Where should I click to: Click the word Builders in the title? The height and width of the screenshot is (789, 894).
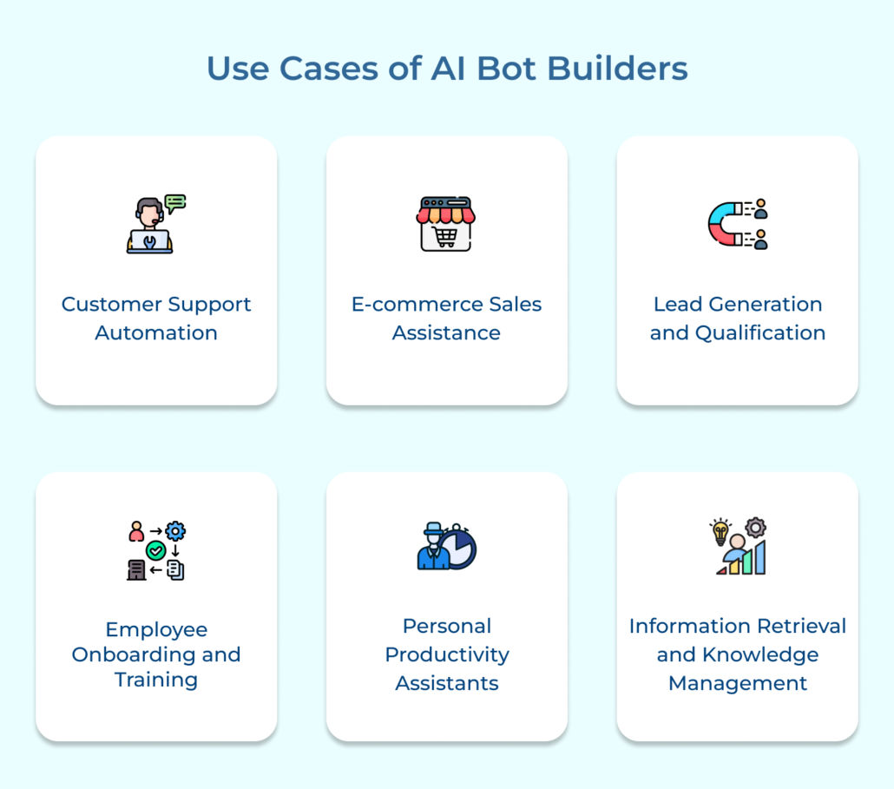[x=617, y=69]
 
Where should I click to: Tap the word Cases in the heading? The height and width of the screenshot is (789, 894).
[x=329, y=69]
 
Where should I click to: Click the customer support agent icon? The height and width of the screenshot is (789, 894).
[x=155, y=223]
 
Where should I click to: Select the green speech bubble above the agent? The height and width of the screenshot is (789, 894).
[x=175, y=203]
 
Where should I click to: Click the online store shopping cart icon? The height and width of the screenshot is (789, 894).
[x=446, y=224]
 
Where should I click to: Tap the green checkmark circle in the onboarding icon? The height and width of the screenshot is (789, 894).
[x=155, y=550]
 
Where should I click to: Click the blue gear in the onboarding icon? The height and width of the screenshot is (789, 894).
[x=175, y=530]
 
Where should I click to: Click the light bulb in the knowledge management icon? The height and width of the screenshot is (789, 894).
[x=720, y=532]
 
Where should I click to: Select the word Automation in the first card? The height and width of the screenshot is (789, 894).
[x=156, y=332]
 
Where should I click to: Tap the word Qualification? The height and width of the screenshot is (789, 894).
[x=760, y=333]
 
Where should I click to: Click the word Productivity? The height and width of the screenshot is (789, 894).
[x=447, y=654]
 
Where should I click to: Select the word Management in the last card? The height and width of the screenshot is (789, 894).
[x=738, y=683]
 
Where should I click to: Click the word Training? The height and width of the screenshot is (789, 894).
[x=156, y=680]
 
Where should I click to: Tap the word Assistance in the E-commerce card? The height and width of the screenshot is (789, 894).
[x=446, y=332]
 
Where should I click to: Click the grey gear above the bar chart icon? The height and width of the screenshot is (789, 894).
[x=755, y=528]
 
